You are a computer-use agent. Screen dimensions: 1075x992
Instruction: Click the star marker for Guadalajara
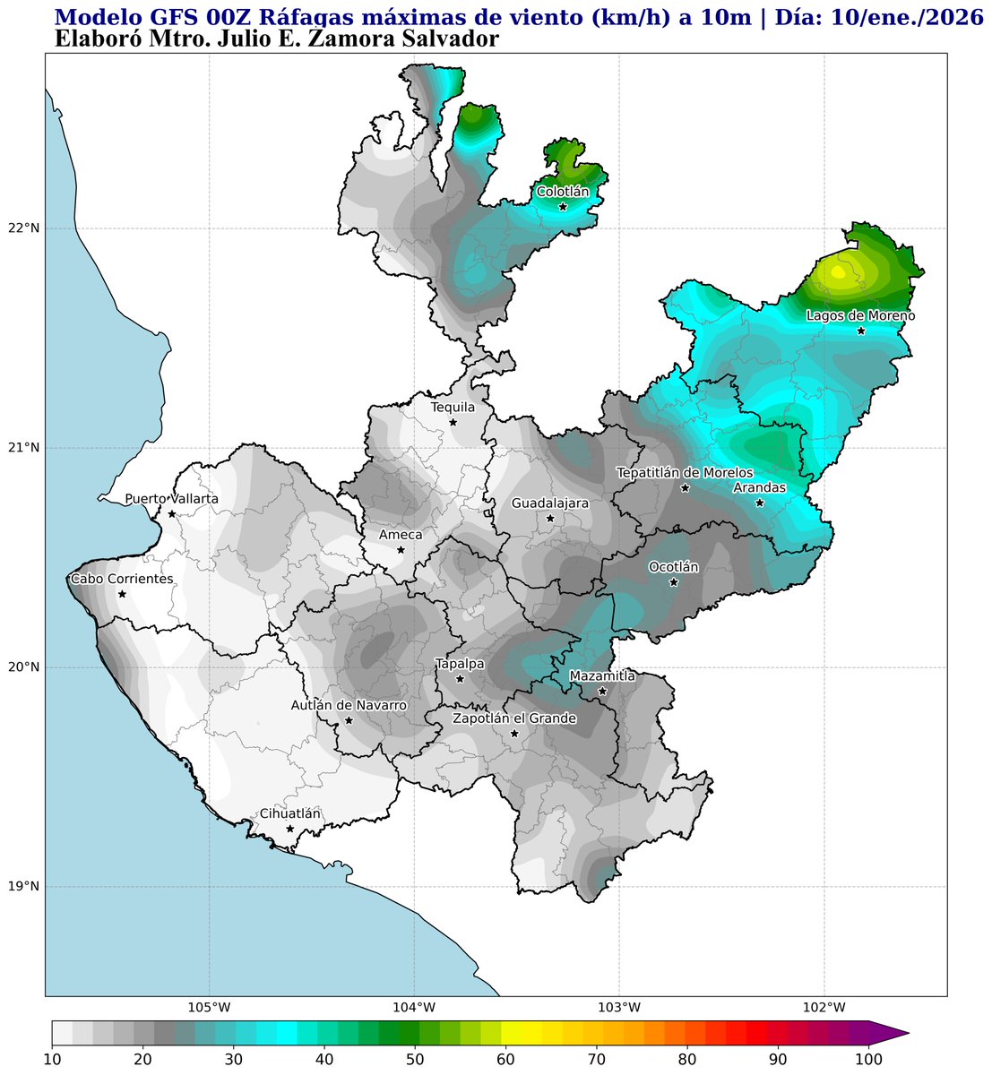(x=550, y=518)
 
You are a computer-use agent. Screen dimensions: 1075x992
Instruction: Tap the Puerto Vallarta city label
(x=171, y=499)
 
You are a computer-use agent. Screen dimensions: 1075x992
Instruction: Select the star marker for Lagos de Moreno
(x=861, y=331)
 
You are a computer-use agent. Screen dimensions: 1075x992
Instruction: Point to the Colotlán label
(x=563, y=192)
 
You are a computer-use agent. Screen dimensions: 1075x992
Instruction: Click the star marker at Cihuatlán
(x=289, y=829)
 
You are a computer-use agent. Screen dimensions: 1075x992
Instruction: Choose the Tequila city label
(x=453, y=408)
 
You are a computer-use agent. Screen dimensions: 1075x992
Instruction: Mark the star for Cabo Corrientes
(x=122, y=594)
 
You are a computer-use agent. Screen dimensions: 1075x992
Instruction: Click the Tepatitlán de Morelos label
(x=685, y=473)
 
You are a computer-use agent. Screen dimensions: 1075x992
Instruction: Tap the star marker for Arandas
(x=760, y=503)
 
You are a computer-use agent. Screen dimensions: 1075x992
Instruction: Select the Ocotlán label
(x=673, y=568)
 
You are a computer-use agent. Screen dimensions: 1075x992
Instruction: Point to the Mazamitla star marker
(x=602, y=691)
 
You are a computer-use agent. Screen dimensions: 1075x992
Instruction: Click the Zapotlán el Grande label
(x=514, y=718)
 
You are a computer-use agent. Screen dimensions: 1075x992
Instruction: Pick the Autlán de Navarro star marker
(x=349, y=720)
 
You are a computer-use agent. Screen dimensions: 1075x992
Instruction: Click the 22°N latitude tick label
(x=24, y=228)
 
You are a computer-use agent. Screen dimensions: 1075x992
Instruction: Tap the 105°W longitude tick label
(x=210, y=1005)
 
